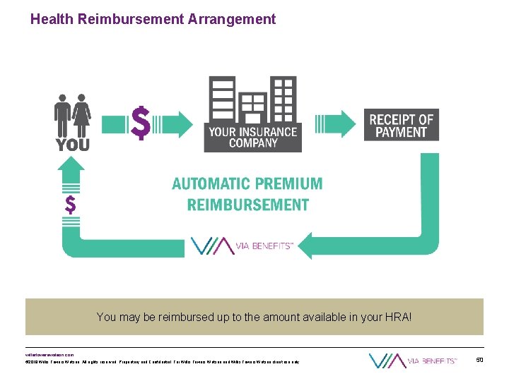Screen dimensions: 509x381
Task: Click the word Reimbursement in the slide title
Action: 131,19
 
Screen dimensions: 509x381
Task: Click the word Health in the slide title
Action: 52,19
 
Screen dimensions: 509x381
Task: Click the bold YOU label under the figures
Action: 73,145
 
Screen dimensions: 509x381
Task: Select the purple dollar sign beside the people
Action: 141,124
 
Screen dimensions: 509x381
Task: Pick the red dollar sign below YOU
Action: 71,205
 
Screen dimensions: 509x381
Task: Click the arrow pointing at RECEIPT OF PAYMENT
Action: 339,124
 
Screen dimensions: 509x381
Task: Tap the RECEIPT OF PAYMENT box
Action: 401,125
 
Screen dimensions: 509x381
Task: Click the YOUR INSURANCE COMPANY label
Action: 252,137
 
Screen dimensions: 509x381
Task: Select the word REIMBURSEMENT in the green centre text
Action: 247,205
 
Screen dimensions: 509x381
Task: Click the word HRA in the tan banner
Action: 394,317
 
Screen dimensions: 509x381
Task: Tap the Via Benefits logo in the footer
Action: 413,361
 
